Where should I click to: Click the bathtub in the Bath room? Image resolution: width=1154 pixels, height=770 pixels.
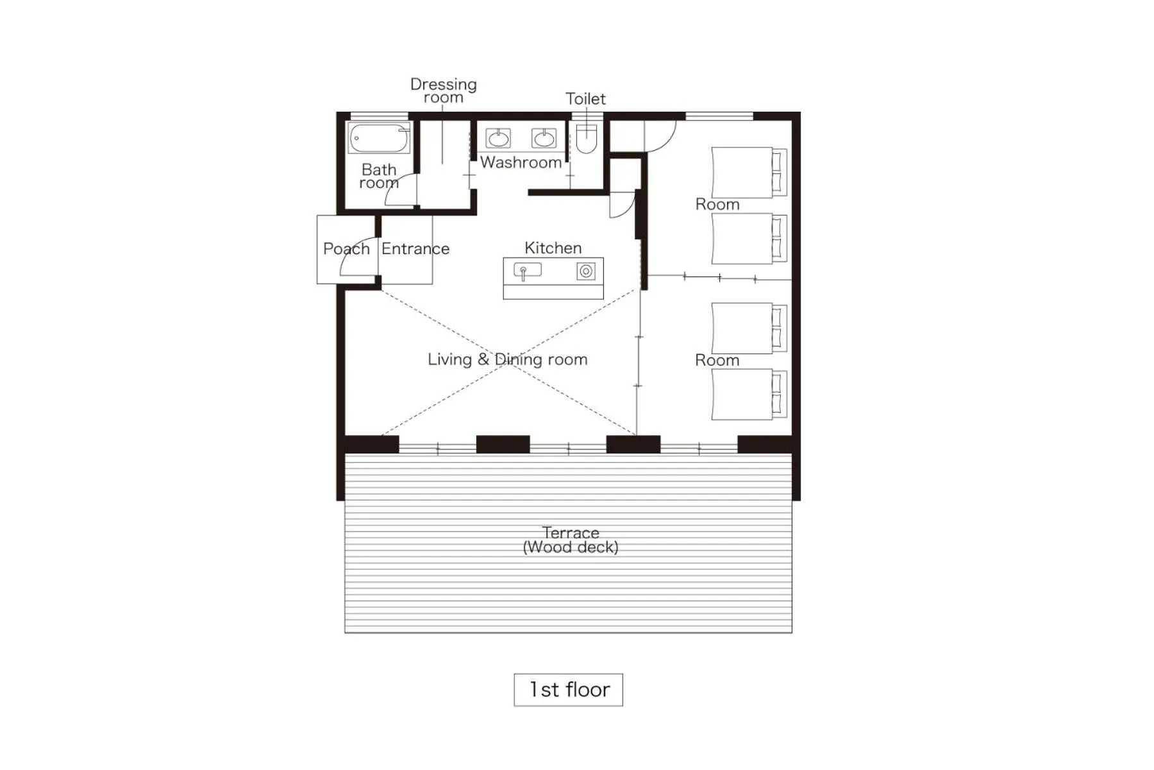[379, 138]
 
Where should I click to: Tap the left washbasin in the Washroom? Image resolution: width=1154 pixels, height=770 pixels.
[498, 138]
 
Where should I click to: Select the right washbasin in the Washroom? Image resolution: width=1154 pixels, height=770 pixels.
[544, 138]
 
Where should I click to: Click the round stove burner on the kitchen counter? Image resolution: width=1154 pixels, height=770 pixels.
[585, 271]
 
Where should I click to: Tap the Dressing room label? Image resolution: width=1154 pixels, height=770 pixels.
[443, 90]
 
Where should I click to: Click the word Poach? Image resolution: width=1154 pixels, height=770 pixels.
[346, 249]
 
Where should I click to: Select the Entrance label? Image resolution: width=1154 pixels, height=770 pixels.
[415, 249]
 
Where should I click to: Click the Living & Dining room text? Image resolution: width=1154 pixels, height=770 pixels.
[507, 359]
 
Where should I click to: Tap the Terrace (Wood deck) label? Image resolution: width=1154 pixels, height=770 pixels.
[571, 540]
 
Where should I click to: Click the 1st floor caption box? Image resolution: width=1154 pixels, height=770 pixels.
[568, 690]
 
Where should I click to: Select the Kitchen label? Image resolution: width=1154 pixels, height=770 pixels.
[553, 248]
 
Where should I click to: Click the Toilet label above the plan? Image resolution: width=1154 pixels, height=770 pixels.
[585, 99]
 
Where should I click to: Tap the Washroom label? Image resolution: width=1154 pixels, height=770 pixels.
[521, 162]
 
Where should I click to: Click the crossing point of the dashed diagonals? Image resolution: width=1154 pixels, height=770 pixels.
[508, 363]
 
